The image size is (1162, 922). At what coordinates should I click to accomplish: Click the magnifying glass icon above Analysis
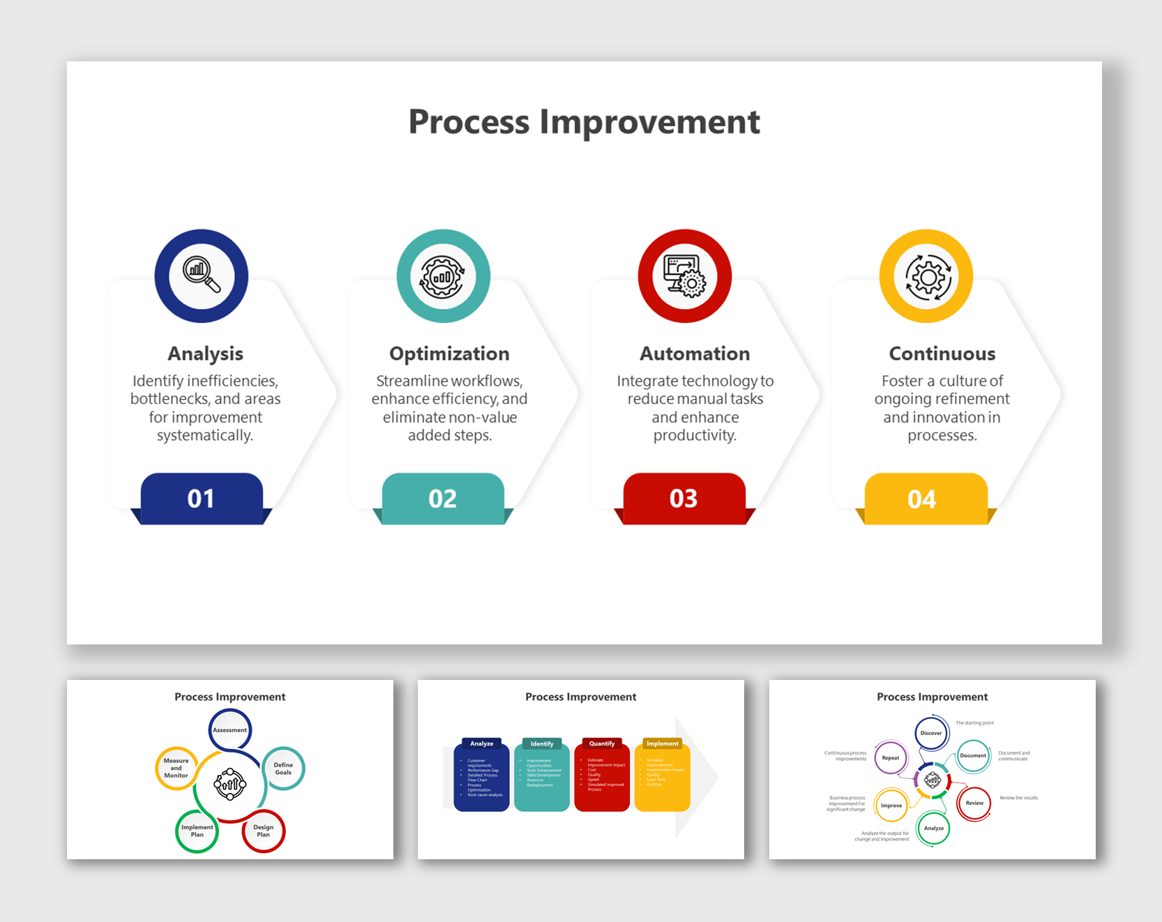202,275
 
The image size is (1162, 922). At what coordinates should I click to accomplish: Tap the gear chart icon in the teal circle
443,276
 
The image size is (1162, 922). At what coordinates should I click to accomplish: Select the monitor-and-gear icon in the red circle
684,276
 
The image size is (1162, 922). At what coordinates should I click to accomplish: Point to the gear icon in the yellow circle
926,276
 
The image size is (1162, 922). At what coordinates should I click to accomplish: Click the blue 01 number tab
201,499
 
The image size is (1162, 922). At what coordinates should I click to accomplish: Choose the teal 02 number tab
442,499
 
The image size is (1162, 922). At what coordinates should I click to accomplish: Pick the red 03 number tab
684,499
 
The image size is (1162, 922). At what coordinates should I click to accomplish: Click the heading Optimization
449,354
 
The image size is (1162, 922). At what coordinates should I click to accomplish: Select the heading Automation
695,354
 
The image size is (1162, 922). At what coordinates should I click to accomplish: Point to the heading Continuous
942,354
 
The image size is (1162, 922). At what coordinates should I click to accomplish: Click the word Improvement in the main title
649,122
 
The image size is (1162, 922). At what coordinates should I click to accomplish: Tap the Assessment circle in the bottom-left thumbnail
230,730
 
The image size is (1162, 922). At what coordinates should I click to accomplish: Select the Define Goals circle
283,769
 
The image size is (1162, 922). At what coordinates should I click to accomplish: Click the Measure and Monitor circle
176,768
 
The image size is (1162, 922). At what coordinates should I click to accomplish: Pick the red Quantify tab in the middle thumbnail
602,743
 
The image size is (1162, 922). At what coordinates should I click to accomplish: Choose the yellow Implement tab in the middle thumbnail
662,743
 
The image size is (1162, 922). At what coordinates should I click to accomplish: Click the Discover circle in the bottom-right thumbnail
931,733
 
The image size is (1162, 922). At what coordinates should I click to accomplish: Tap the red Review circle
974,803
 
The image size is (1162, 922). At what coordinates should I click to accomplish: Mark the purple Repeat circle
891,757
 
